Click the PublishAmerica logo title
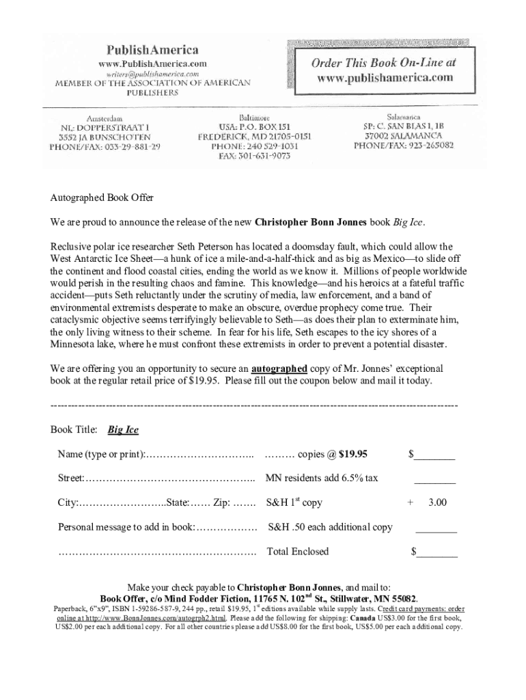(152, 50)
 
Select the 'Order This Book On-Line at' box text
(383, 62)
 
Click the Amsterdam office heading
(104, 118)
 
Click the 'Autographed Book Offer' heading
(102, 198)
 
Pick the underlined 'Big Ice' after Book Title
(123, 430)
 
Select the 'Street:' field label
(71, 479)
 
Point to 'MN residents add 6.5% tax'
(321, 479)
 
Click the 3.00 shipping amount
(437, 503)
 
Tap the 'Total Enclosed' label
(298, 552)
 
